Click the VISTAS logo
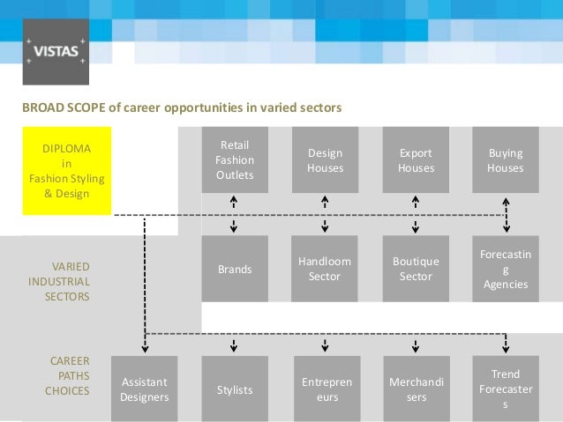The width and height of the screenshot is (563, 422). click(56, 51)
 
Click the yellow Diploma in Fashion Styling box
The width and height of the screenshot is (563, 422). click(66, 167)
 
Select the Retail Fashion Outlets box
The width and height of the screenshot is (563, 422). click(235, 160)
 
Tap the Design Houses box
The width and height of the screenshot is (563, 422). click(325, 160)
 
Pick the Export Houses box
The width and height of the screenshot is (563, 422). click(416, 160)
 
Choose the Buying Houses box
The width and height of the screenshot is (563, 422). click(506, 160)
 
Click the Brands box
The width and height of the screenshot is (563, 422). click(235, 270)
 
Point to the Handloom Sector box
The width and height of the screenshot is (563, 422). click(325, 270)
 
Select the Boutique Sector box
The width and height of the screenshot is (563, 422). click(416, 270)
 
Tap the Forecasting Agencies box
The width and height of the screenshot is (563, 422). click(506, 270)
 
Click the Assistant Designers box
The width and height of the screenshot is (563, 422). click(144, 389)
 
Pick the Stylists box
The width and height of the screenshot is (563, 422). click(235, 389)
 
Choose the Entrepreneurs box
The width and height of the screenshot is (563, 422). click(325, 389)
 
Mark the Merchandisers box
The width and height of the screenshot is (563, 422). click(416, 389)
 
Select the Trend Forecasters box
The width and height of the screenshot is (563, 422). click(506, 389)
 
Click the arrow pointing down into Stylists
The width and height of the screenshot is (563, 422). click(235, 344)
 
